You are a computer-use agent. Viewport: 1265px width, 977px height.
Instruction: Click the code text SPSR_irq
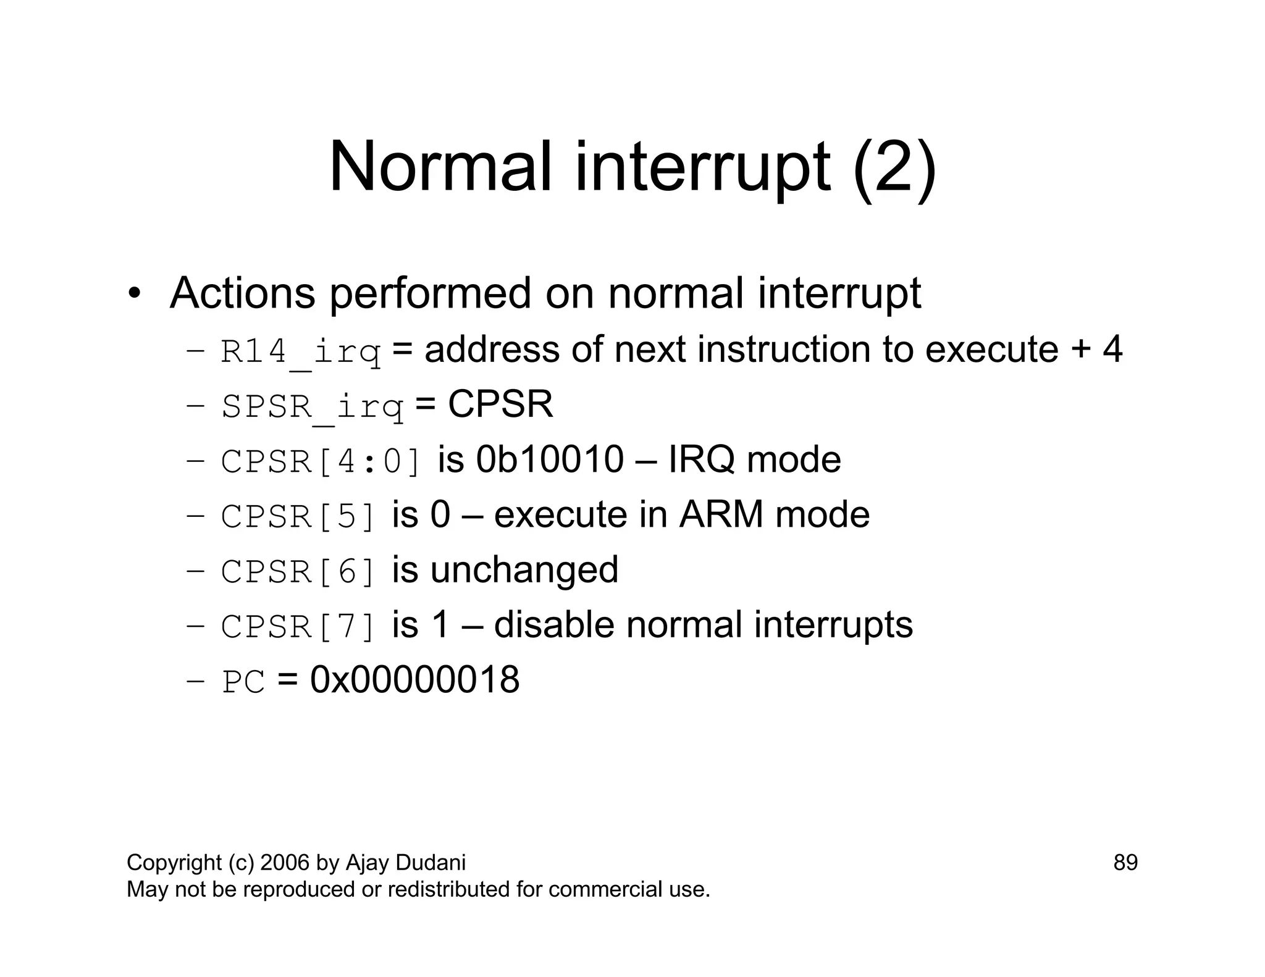[x=312, y=407]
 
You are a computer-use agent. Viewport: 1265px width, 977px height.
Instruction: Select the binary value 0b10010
[x=550, y=460]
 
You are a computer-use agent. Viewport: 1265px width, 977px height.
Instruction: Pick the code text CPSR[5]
[x=298, y=517]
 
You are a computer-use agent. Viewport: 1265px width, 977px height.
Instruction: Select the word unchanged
[x=524, y=569]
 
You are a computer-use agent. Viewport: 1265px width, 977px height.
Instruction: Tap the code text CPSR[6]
[x=298, y=572]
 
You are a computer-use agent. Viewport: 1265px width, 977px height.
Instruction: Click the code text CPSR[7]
[x=298, y=627]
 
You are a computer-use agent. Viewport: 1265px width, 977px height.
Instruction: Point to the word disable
[x=553, y=625]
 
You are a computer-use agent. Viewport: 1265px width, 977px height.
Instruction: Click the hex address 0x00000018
[x=414, y=680]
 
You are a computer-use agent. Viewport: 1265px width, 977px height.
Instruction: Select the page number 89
[x=1125, y=863]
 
